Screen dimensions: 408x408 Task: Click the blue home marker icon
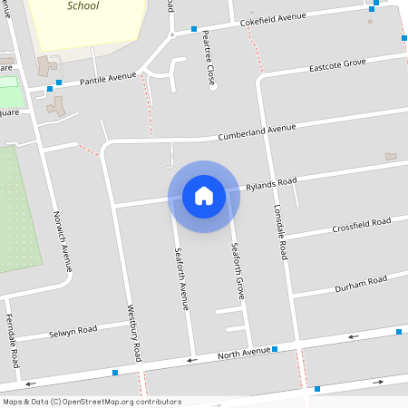point(204,196)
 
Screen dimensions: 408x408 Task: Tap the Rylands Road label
point(271,184)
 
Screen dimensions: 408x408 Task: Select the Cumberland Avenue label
point(257,132)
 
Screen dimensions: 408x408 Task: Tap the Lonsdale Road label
point(280,232)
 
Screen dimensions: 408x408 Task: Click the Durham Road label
point(360,281)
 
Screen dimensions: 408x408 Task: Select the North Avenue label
point(244,352)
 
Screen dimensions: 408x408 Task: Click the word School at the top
point(83,5)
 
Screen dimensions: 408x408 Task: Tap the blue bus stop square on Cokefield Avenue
point(194,29)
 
